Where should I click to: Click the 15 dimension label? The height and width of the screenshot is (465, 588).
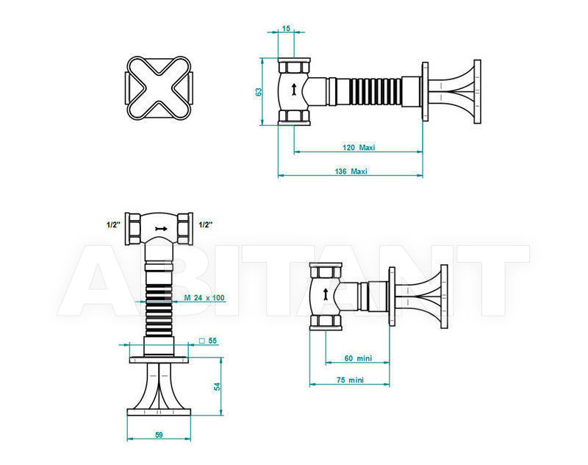[286, 29]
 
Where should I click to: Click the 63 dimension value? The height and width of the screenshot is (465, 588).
[259, 92]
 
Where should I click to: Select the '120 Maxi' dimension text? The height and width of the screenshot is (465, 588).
[359, 147]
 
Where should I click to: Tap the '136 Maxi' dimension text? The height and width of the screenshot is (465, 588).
[351, 171]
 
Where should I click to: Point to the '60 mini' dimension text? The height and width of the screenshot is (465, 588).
[358, 358]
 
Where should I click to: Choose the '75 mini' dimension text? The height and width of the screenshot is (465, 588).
[350, 380]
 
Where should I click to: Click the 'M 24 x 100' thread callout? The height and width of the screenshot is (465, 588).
[204, 298]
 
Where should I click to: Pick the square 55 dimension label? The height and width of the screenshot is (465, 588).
[208, 341]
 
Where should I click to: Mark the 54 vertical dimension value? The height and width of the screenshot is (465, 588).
[218, 386]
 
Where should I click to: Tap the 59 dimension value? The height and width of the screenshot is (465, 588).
[159, 436]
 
